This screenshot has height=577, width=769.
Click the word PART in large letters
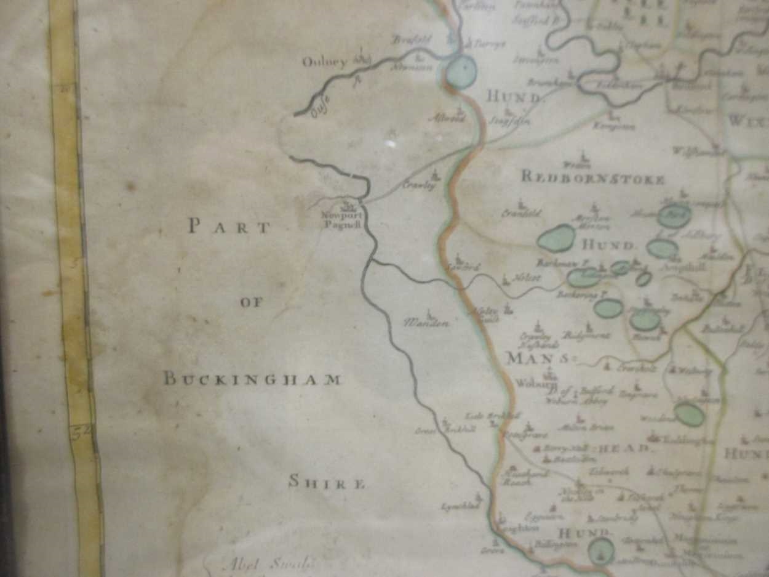click(x=229, y=227)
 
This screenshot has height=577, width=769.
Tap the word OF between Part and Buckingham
click(x=252, y=302)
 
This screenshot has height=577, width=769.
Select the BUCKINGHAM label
click(x=252, y=379)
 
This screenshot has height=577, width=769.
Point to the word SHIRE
click(x=327, y=483)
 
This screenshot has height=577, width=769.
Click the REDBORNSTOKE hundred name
click(x=592, y=179)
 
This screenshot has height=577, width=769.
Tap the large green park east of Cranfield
click(x=557, y=238)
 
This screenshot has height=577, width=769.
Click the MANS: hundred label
click(x=537, y=358)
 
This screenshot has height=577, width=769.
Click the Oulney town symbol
click(x=361, y=59)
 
